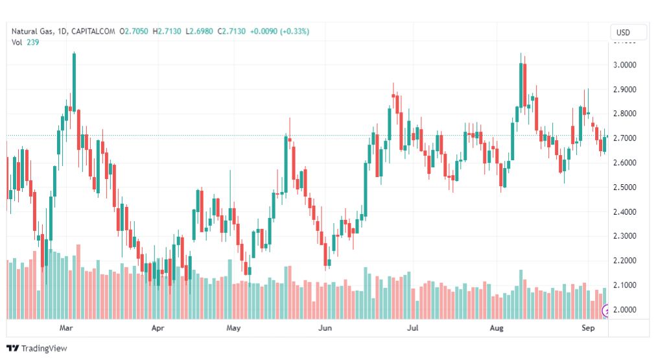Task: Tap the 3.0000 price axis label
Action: (x=627, y=65)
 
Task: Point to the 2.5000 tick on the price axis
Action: (x=627, y=187)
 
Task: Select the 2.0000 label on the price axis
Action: (x=627, y=310)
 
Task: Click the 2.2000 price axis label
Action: (x=627, y=261)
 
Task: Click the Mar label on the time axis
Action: (x=65, y=328)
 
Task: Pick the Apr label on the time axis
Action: (x=158, y=328)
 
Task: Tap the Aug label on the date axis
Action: (x=497, y=328)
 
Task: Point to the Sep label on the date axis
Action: (x=588, y=328)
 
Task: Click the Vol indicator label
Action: (x=16, y=42)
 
